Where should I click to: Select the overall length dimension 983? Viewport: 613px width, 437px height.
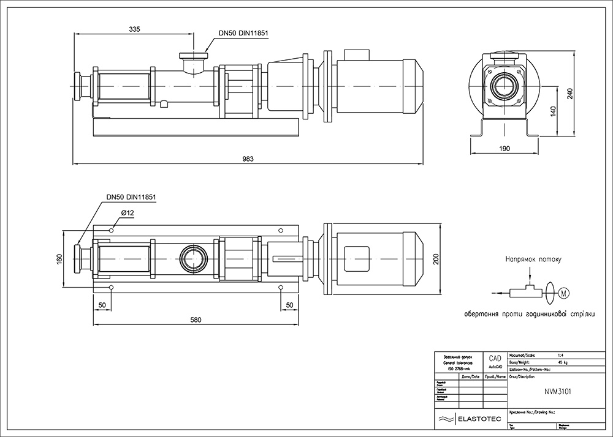click(248, 159)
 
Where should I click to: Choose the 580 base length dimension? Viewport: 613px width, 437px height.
click(196, 320)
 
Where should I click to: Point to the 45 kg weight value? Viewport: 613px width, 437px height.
click(562, 362)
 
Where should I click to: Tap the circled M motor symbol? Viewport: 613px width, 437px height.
click(564, 294)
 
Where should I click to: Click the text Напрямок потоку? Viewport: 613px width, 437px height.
click(533, 259)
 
